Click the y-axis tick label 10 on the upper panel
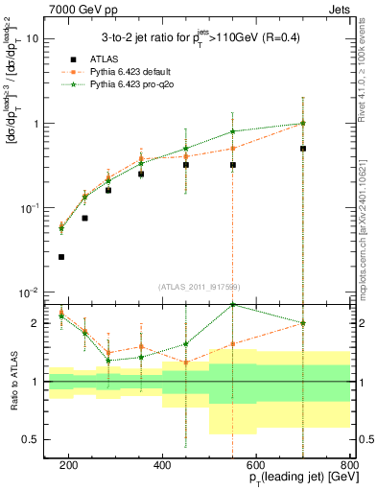(33, 39)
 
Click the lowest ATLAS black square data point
(61, 257)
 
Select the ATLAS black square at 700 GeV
(303, 149)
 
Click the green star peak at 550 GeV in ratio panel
(233, 305)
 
